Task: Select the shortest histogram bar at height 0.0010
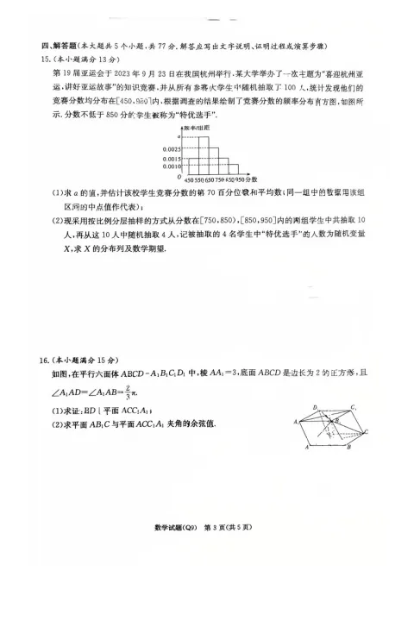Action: click(233, 171)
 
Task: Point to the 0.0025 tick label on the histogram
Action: click(172, 150)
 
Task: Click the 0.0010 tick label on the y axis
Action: click(172, 167)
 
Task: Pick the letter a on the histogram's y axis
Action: click(179, 137)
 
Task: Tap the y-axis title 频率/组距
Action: click(195, 128)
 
